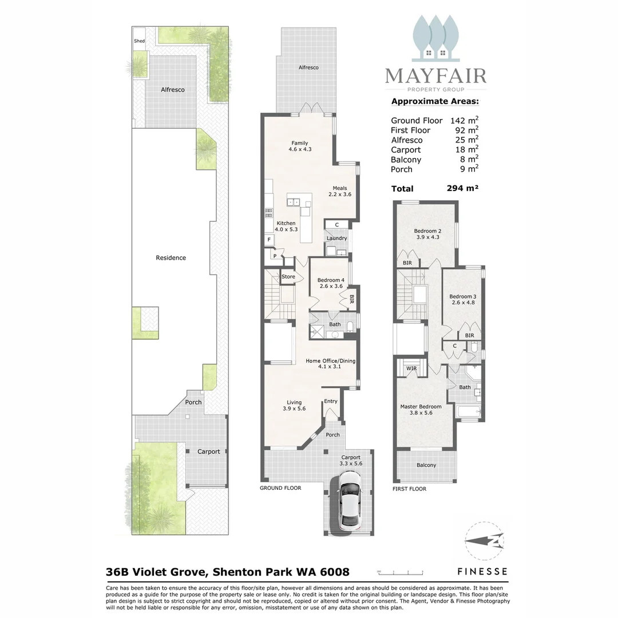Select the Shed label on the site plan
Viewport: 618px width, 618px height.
click(139, 41)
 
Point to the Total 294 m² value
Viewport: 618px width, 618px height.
click(462, 188)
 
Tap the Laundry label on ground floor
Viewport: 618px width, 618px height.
click(336, 238)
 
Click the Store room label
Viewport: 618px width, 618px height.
click(288, 277)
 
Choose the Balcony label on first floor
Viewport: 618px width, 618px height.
click(426, 465)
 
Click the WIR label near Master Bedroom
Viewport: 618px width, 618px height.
click(411, 369)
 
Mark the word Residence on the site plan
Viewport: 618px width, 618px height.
click(171, 257)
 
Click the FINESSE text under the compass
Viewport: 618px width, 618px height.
click(482, 571)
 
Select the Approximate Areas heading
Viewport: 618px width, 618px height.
click(435, 102)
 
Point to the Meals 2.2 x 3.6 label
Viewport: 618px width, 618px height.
click(340, 191)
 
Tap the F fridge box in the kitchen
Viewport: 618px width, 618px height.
click(269, 239)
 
